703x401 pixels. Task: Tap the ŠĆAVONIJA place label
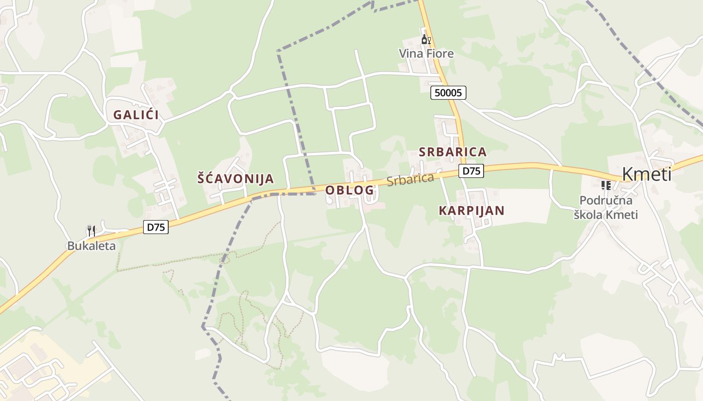point(236,178)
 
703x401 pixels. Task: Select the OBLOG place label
point(349,190)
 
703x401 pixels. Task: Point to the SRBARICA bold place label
point(452,152)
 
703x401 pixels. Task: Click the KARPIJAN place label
point(472,211)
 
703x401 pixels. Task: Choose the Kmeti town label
point(646,174)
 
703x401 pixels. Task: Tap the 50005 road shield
point(448,93)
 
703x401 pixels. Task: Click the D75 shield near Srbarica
point(472,171)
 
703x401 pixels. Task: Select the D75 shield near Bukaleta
point(156,227)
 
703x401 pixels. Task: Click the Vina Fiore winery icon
point(426,40)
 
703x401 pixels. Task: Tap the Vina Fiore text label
point(426,54)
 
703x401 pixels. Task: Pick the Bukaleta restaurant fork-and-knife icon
point(91,231)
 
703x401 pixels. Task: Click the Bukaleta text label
point(91,246)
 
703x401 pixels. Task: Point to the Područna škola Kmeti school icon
point(606,186)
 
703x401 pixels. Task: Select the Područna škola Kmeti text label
point(606,208)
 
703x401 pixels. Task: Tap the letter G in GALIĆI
point(118,115)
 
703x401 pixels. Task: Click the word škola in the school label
point(589,215)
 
